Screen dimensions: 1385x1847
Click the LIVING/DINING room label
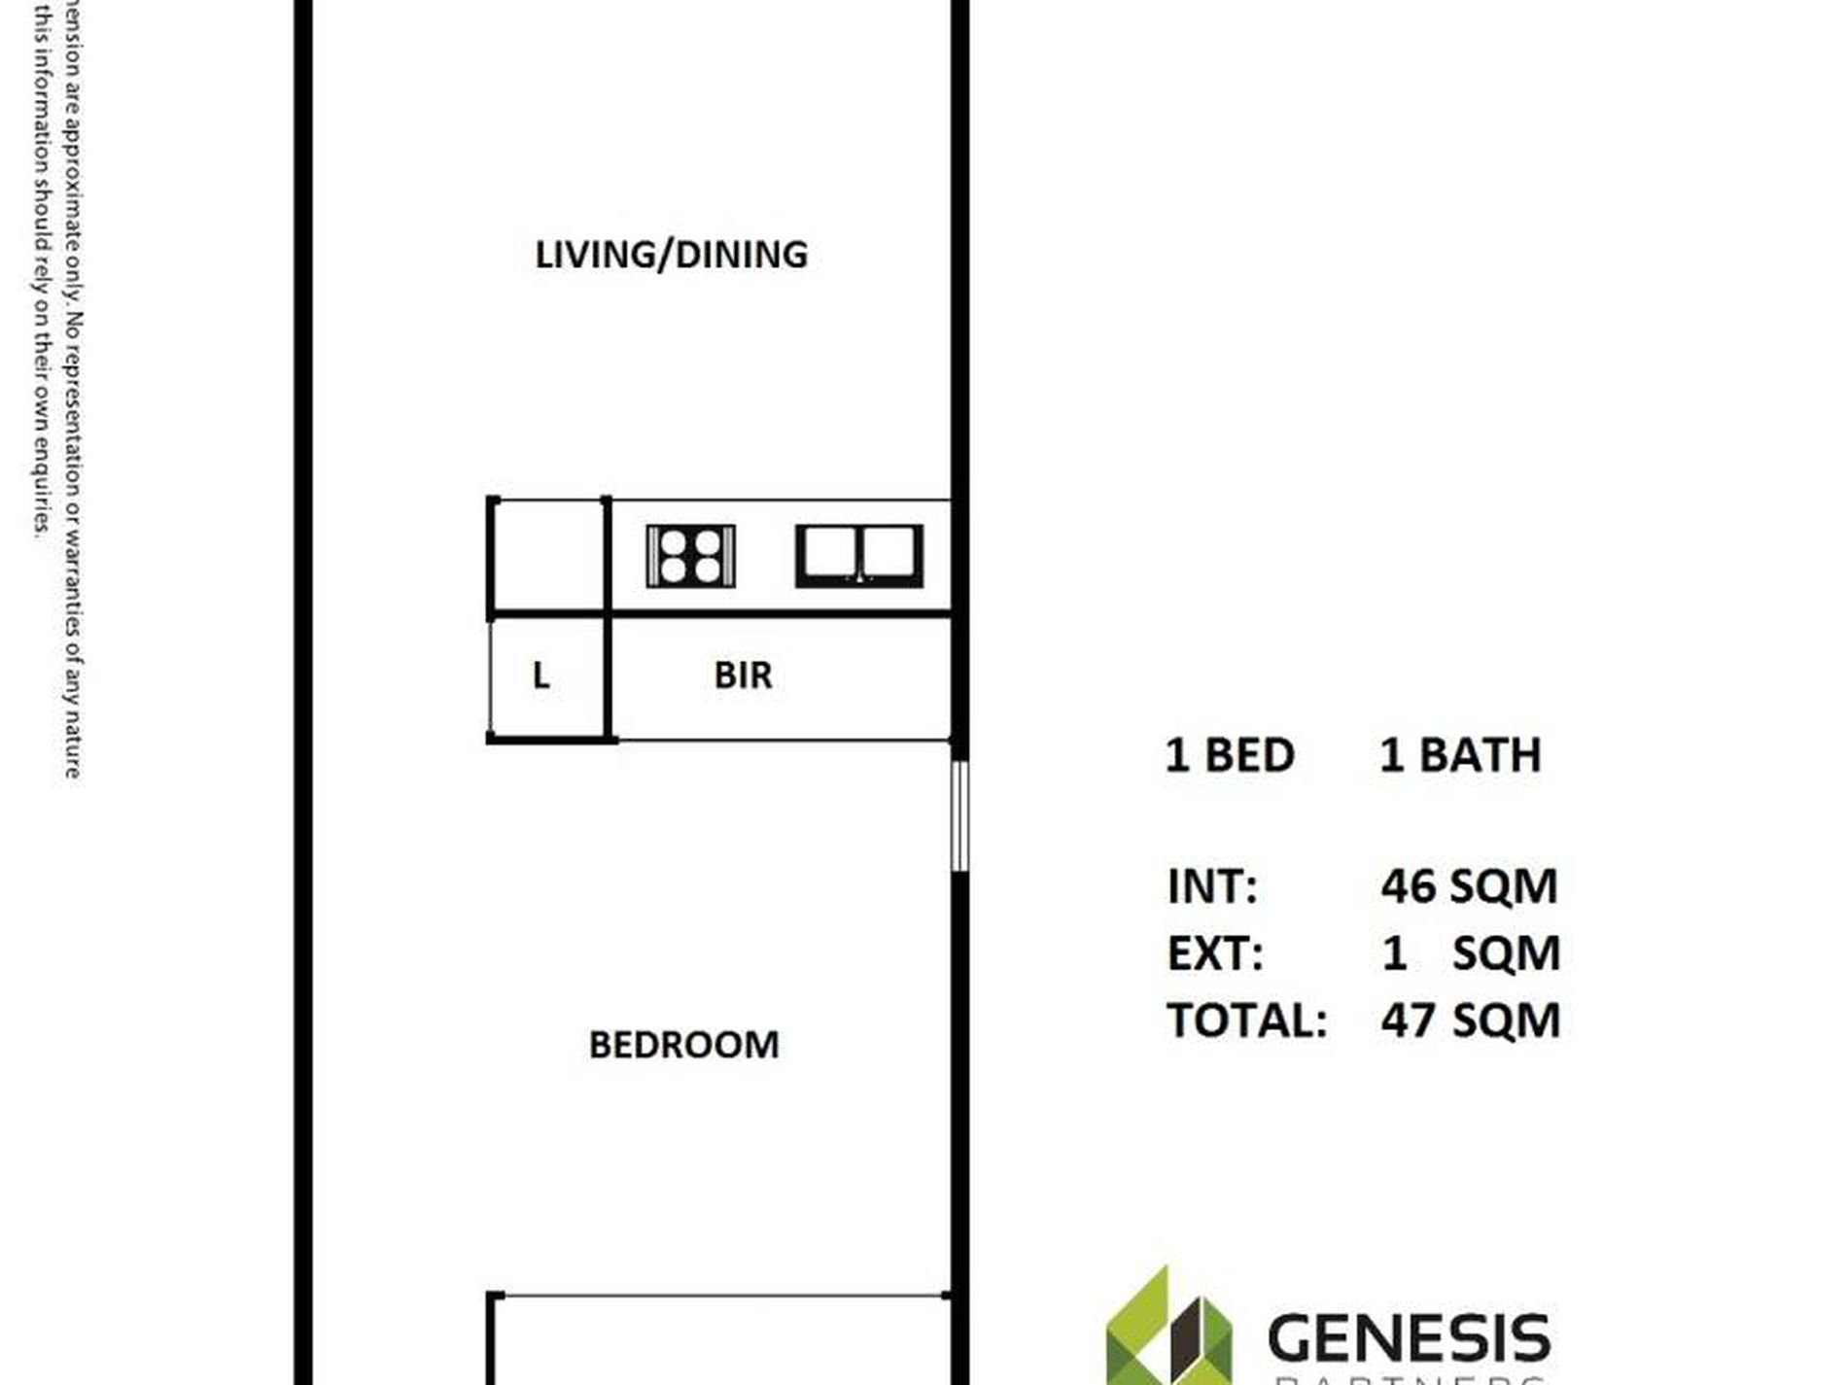pos(671,255)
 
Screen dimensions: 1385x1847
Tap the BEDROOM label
pos(683,1045)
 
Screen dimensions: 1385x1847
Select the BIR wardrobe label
pos(743,675)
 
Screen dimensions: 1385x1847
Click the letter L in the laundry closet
pos(541,675)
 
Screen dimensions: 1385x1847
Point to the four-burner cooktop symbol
pos(690,556)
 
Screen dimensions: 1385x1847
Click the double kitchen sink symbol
pos(859,556)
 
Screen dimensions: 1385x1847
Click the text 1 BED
pos(1230,755)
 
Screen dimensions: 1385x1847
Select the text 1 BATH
pos(1460,755)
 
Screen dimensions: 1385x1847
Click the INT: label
pos(1212,886)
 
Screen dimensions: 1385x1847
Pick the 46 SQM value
pos(1469,886)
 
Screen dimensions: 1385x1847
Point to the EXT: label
pos(1215,953)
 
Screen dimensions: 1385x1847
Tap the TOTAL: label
pos(1246,1021)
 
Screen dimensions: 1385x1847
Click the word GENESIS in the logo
pos(1409,1338)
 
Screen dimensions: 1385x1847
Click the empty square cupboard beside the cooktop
pos(547,556)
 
